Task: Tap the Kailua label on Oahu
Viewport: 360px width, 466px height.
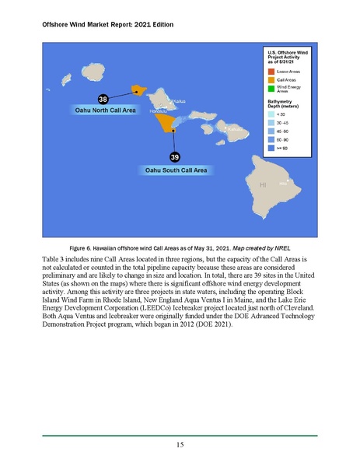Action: (x=179, y=101)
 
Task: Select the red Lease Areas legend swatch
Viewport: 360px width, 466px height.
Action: (x=271, y=71)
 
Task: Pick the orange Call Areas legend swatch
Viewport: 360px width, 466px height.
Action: (x=271, y=80)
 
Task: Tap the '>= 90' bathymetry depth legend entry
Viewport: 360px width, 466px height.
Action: (x=281, y=145)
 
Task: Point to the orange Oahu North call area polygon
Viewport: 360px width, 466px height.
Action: (x=140, y=90)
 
